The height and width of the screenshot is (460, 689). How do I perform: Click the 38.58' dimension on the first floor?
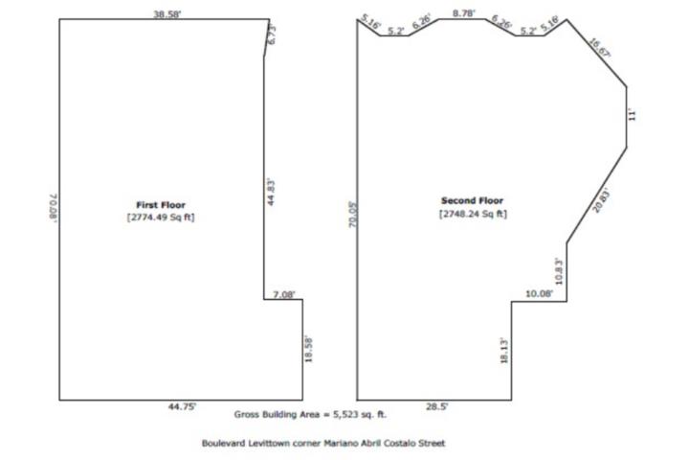click(x=167, y=14)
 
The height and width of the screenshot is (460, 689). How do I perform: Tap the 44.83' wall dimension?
click(x=271, y=193)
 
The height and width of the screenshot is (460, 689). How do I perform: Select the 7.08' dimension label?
click(x=284, y=294)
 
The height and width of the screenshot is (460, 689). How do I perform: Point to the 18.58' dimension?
click(x=308, y=350)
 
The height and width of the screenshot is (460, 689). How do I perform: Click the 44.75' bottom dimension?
click(x=182, y=406)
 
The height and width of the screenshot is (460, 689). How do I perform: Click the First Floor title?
click(x=161, y=205)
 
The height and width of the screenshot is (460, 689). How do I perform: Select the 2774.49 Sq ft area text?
click(x=161, y=217)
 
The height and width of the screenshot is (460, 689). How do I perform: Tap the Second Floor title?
click(x=472, y=200)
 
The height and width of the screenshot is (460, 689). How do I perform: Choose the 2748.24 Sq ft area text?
click(x=473, y=214)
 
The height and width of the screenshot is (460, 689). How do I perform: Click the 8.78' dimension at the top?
click(x=464, y=13)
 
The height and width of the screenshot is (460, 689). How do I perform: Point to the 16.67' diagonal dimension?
click(x=599, y=48)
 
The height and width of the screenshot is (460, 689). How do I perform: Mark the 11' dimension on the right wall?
click(x=632, y=115)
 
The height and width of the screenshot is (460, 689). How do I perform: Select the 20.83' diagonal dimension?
click(x=601, y=200)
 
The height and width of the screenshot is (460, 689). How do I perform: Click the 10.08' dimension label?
click(x=539, y=293)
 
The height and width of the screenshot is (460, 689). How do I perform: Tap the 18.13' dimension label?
click(x=504, y=351)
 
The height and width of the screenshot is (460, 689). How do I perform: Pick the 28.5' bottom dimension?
click(x=436, y=406)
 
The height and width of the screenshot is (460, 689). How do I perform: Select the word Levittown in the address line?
click(x=269, y=443)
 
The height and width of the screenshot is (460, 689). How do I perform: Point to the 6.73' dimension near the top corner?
click(x=272, y=34)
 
